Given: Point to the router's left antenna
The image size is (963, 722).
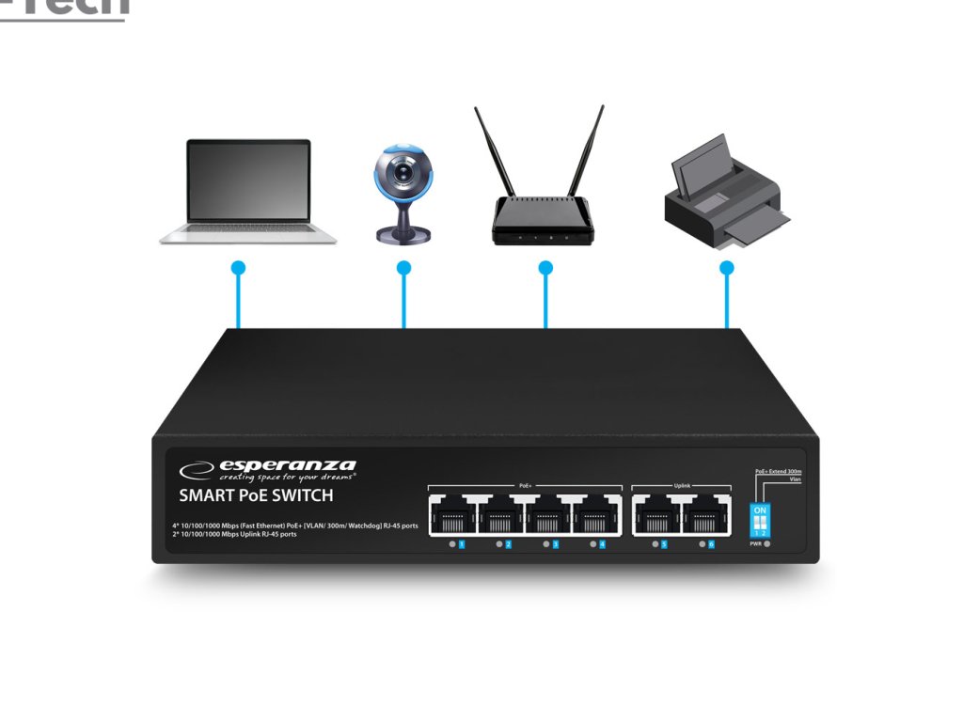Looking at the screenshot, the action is [x=494, y=150].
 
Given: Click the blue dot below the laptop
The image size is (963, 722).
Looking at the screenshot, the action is [x=238, y=268].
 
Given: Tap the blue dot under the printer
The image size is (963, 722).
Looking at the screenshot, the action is [x=726, y=268].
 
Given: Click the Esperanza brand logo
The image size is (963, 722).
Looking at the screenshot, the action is [x=268, y=467].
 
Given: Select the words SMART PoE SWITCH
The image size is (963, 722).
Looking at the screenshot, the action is [x=256, y=495].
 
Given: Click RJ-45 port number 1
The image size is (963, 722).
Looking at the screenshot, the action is [x=452, y=514].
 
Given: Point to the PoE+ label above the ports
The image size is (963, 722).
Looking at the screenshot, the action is [x=525, y=485].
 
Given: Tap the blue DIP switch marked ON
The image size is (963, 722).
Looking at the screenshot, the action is [x=761, y=520].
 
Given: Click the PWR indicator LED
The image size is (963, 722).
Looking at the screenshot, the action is [x=768, y=544].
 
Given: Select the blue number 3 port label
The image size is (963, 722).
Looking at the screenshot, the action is [x=555, y=544].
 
